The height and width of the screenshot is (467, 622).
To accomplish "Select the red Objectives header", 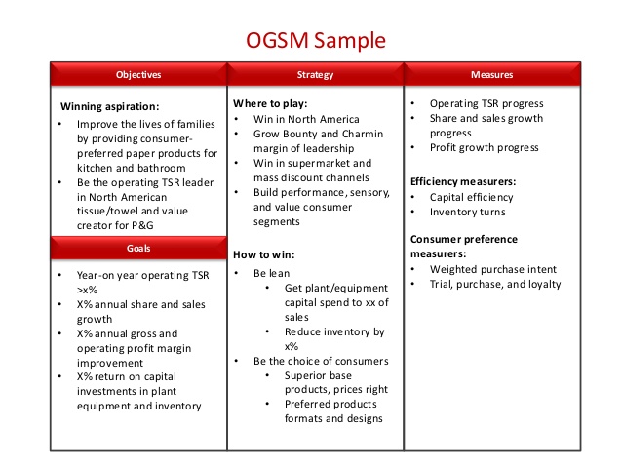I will click(138, 75).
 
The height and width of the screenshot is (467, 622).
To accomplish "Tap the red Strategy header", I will click(315, 75).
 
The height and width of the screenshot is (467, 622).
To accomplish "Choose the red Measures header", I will click(491, 75).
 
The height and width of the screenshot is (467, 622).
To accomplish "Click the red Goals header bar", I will click(138, 249).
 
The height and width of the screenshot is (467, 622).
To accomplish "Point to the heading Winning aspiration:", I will click(109, 106).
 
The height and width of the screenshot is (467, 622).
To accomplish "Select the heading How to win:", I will click(262, 253).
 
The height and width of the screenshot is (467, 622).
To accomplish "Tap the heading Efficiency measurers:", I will click(462, 181).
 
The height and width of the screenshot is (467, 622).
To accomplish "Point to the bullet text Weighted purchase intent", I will click(493, 268).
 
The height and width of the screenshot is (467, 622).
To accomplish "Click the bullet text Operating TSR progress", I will click(486, 103).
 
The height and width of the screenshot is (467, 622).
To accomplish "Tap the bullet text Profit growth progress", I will click(485, 147).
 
